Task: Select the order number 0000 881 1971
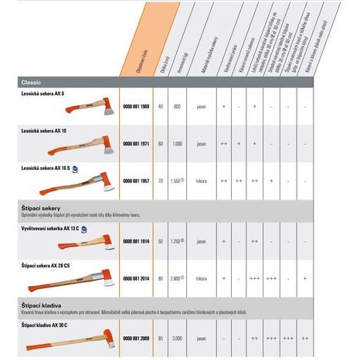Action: click(137, 143)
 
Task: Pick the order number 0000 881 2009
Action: click(137, 338)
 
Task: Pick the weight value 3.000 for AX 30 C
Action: click(177, 338)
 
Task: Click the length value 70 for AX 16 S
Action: click(161, 180)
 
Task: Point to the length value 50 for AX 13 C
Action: click(161, 241)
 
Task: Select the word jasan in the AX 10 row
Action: click(201, 143)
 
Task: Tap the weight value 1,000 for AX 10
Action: click(177, 143)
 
